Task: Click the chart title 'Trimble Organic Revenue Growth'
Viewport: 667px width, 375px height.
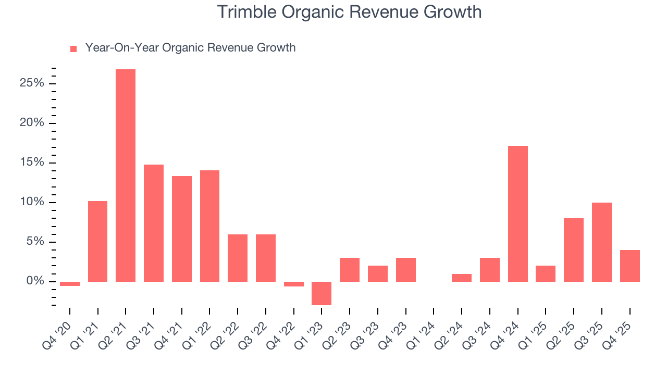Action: coord(349,11)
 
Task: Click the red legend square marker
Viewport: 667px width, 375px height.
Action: coord(73,48)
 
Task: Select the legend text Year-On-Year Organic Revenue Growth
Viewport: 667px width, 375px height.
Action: coord(190,48)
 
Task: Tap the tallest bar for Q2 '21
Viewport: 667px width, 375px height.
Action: coord(126,175)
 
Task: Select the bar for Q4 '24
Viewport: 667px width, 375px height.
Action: coord(517,214)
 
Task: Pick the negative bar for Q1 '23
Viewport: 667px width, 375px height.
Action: coord(322,293)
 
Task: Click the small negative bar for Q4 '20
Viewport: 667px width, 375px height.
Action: coord(70,284)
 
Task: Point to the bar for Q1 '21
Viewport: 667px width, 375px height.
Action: coord(97,241)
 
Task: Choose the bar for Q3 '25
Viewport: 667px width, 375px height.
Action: coord(601,242)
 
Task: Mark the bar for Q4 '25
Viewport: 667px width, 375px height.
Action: coord(629,266)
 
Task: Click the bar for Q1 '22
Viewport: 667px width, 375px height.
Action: coord(209,226)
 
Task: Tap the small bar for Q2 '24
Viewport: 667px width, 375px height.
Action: coord(462,278)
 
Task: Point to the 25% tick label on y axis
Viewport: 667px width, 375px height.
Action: coord(32,83)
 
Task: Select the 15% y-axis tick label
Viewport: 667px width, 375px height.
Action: coord(32,162)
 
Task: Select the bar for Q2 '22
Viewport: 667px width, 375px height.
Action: coord(238,258)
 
